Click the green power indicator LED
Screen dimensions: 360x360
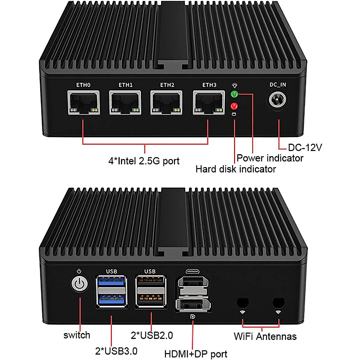tap(234, 94)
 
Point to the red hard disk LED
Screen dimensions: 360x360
tap(234, 106)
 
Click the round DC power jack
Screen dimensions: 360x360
tap(277, 100)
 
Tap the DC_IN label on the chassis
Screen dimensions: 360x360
tap(277, 85)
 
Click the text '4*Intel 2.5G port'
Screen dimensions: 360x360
tap(144, 161)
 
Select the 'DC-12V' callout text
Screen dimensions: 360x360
tap(305, 147)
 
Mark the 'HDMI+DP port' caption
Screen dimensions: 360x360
tap(196, 354)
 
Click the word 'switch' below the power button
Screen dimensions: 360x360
tap(77, 335)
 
